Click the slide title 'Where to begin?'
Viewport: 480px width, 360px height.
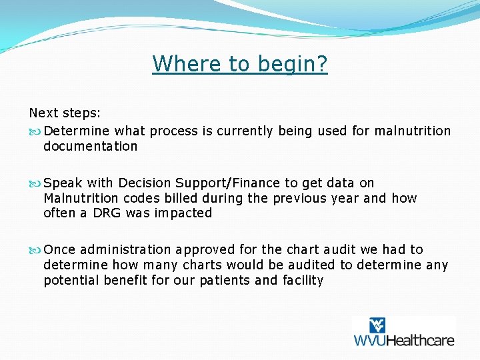240,64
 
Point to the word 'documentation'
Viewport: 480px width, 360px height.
90,146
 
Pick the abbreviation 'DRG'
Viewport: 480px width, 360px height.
106,213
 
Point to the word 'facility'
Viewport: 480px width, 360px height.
301,280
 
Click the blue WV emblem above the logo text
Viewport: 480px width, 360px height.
377,325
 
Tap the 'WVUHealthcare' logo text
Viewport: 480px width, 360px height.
403,340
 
